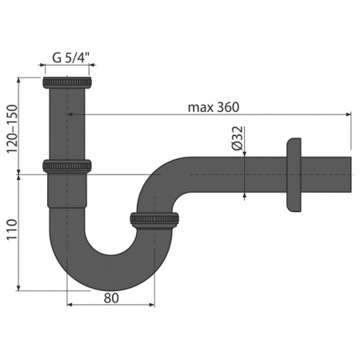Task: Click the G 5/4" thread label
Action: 71,58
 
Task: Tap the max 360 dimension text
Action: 214,107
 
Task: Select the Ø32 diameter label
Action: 238,138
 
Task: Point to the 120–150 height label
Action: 12,129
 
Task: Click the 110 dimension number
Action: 12,230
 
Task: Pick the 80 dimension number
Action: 111,298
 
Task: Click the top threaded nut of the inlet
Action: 67,82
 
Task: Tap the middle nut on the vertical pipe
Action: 67,166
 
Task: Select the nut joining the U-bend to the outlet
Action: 154,220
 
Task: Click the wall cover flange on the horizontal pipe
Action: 294,174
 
